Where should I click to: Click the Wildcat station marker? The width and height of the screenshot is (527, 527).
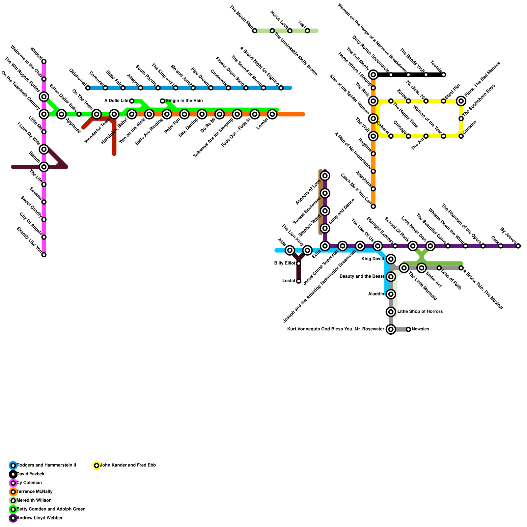point(44,62)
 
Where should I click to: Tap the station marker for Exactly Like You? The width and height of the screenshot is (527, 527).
point(44,255)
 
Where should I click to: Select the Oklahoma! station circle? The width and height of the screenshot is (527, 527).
point(88,88)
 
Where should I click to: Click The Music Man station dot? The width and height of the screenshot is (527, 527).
point(255,31)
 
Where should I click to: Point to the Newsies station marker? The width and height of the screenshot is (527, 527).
point(408,329)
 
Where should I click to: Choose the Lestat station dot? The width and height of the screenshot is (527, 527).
point(299,281)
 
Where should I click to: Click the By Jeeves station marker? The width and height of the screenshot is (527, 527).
point(518,246)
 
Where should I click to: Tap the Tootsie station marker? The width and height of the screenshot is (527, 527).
point(444,75)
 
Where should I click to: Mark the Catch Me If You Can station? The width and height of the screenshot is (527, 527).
point(373,207)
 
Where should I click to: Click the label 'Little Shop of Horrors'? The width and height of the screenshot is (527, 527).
point(420,312)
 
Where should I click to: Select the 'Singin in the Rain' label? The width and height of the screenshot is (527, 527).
point(184,101)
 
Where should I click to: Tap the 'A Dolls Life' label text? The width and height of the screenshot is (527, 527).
point(116,101)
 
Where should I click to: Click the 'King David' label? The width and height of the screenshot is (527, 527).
point(373,259)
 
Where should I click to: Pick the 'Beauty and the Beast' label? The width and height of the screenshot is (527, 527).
point(362,277)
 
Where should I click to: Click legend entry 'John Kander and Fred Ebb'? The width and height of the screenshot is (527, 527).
point(128,465)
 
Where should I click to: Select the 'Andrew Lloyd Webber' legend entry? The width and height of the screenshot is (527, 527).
point(40,518)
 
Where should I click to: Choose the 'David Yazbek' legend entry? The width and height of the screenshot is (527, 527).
point(31,474)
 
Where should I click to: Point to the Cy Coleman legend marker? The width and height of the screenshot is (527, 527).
point(13,483)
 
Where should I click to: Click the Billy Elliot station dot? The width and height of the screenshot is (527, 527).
point(299,263)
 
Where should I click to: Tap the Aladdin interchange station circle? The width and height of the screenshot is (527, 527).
point(391,294)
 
